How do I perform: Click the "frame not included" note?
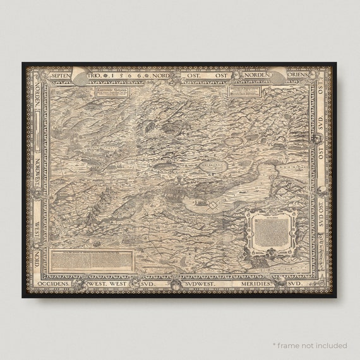click(x=309, y=345)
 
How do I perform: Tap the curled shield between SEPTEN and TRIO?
click(x=83, y=75)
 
